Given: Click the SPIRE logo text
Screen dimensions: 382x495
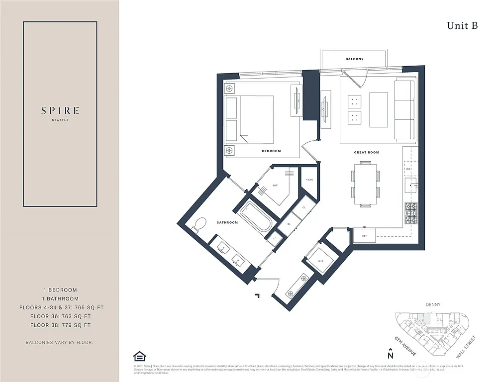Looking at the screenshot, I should [60, 111].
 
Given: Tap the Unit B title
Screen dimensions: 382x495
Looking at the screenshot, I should [462, 26].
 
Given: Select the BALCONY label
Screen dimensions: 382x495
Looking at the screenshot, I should [354, 59].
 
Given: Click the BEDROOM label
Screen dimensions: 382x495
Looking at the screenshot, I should [272, 151].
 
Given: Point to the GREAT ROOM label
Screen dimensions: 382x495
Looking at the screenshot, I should [367, 153].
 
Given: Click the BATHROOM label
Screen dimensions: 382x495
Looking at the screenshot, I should [227, 222].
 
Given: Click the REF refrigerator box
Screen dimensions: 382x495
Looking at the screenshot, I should [364, 236].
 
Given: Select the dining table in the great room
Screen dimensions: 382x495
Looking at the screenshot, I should [366, 184].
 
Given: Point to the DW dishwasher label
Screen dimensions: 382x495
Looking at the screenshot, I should [408, 169].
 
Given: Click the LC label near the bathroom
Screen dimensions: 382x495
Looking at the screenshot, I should [275, 239].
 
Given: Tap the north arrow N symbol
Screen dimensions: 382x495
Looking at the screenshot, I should [391, 354].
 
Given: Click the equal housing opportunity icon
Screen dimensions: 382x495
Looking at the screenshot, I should [139, 356].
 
